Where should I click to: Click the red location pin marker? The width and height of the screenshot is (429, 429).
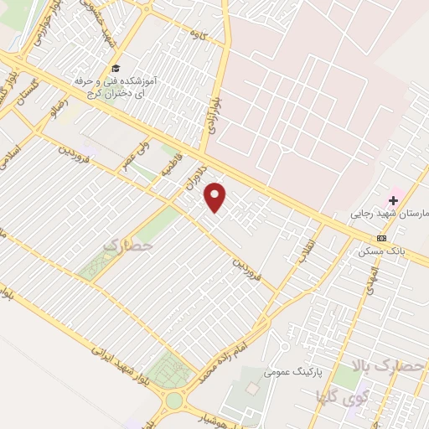point(216,197)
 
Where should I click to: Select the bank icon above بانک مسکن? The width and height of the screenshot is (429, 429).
point(382,238)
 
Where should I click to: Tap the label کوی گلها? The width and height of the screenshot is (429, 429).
point(339,394)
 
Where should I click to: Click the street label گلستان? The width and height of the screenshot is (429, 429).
point(14,86)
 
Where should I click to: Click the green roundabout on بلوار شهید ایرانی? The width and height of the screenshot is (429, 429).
point(173,401)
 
